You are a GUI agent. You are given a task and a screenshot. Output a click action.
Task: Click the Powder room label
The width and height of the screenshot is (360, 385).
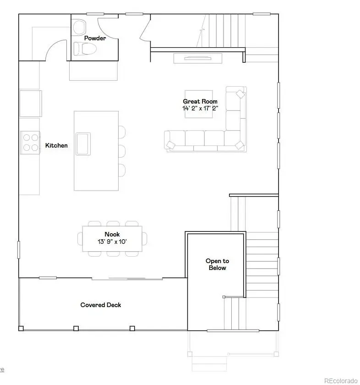pyautogui.click(x=95, y=38)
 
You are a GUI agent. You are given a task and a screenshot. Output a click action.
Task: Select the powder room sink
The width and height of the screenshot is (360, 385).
pyautogui.click(x=80, y=25)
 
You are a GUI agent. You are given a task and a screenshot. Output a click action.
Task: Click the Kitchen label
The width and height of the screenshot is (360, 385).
pyautogui.click(x=56, y=145)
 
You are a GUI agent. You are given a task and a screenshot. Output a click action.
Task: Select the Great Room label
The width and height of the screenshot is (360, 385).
pyautogui.click(x=200, y=101)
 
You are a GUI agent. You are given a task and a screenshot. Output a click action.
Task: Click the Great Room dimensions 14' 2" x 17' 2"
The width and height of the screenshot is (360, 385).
pyautogui.click(x=200, y=109)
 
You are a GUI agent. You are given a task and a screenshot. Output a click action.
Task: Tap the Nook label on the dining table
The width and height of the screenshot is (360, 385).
pyautogui.click(x=112, y=234)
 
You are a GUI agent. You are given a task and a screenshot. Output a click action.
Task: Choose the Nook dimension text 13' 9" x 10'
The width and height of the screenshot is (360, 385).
pyautogui.click(x=112, y=241)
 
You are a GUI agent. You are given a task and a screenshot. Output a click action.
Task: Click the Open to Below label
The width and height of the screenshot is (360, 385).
pyautogui.click(x=217, y=264)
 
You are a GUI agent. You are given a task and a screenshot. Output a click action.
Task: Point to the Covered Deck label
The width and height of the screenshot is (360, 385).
pyautogui.click(x=101, y=305)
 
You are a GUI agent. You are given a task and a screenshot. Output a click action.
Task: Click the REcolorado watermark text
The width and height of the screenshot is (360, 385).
pyautogui.click(x=340, y=380)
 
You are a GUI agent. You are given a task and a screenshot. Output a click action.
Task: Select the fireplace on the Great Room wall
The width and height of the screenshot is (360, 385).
pyautogui.click(x=197, y=58)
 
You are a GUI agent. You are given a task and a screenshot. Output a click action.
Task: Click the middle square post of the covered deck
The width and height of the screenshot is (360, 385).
pyautogui.click(x=76, y=328)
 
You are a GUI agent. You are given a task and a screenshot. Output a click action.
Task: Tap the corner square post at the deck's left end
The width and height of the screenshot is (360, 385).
pyautogui.click(x=21, y=328)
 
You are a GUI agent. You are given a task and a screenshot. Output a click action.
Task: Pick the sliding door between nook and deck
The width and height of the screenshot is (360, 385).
pyautogui.click(x=127, y=278)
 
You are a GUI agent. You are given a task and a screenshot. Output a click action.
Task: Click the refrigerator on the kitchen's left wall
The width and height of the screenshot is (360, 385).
pyautogui.click(x=30, y=103)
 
